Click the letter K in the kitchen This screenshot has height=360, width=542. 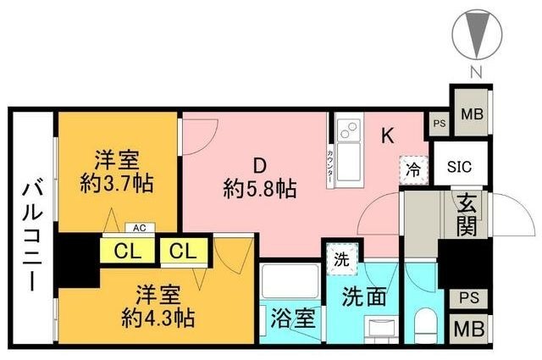(386, 136)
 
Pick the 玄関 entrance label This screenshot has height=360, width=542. (467, 215)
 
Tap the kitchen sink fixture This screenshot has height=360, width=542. (347, 132)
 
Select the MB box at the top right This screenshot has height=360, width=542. (471, 112)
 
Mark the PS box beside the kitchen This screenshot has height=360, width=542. (439, 122)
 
